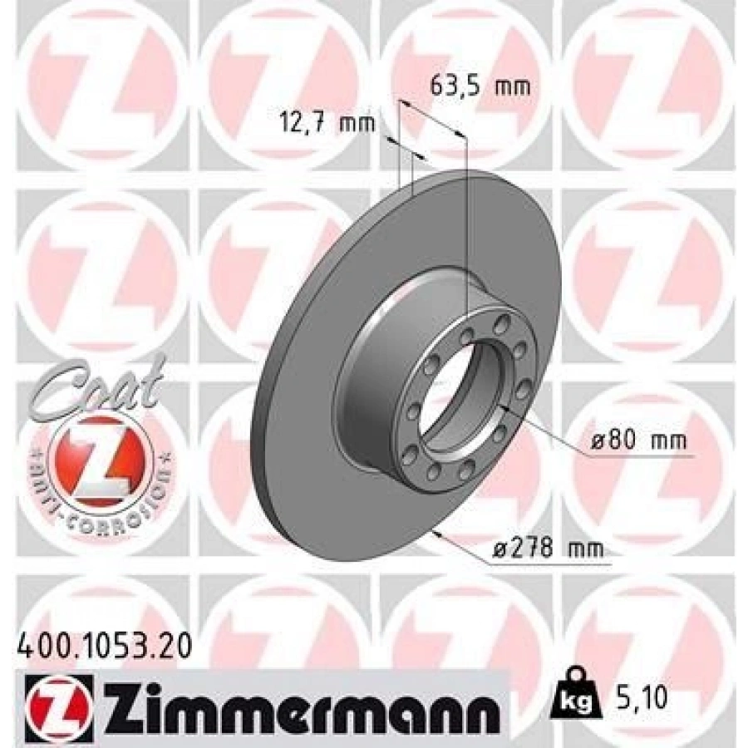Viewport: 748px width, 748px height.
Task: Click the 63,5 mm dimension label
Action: [x=480, y=86]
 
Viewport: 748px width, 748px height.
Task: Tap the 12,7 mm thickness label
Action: [x=327, y=124]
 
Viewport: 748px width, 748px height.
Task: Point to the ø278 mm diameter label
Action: [x=548, y=548]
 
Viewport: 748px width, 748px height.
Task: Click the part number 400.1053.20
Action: [x=105, y=647]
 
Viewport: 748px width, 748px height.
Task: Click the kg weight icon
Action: [x=575, y=698]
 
